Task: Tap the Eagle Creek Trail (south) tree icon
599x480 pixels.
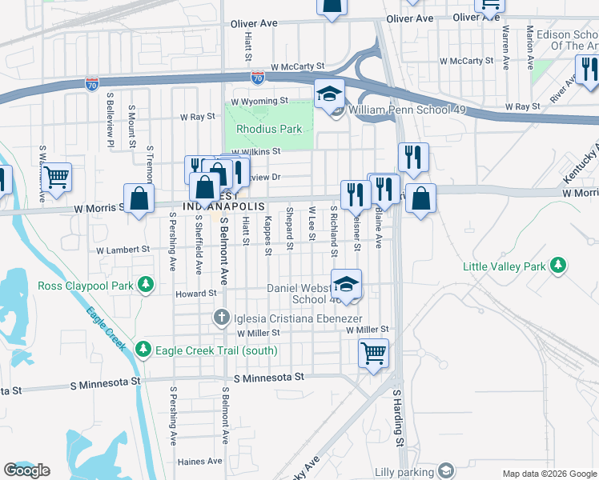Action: [x=143, y=350]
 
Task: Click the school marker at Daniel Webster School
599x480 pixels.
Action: [x=346, y=284]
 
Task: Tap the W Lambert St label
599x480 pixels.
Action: [x=123, y=250]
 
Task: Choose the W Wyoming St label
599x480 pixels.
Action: [x=259, y=101]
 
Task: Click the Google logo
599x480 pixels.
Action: [x=26, y=470]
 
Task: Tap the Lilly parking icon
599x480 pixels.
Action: [x=446, y=470]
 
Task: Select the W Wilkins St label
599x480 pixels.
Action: [x=255, y=150]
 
